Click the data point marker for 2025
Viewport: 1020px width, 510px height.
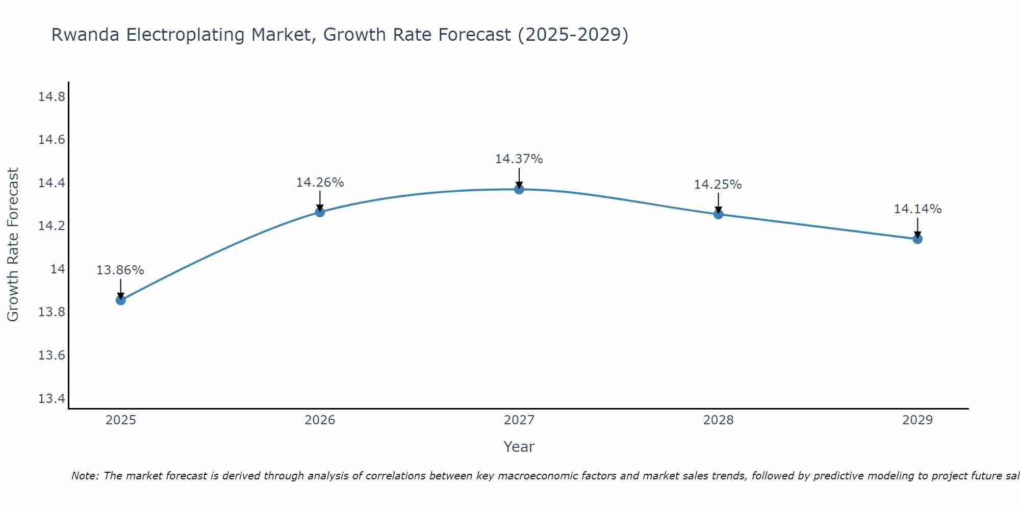tap(121, 300)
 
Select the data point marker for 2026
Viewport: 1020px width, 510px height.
tap(320, 212)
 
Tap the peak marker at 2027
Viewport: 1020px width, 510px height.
tap(519, 189)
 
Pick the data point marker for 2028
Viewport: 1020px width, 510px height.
tap(718, 214)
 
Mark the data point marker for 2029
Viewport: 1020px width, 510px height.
tap(917, 239)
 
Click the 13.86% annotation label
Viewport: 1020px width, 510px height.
tap(120, 270)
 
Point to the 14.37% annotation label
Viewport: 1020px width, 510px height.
tap(519, 159)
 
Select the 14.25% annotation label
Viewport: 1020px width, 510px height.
tap(718, 185)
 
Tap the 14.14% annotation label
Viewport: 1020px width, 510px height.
tap(917, 209)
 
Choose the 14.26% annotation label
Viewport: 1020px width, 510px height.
tap(320, 183)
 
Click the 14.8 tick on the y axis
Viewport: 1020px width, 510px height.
tap(52, 97)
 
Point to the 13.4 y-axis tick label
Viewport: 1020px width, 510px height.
tap(52, 398)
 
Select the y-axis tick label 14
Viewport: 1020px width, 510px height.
tap(58, 269)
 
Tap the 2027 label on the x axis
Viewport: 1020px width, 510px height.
tap(519, 420)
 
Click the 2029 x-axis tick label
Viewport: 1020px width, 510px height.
tap(917, 420)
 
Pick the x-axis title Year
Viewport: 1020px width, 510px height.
tap(519, 447)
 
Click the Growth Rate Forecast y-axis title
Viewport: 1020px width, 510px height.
tap(13, 244)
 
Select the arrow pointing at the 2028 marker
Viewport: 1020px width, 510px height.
tap(718, 203)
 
